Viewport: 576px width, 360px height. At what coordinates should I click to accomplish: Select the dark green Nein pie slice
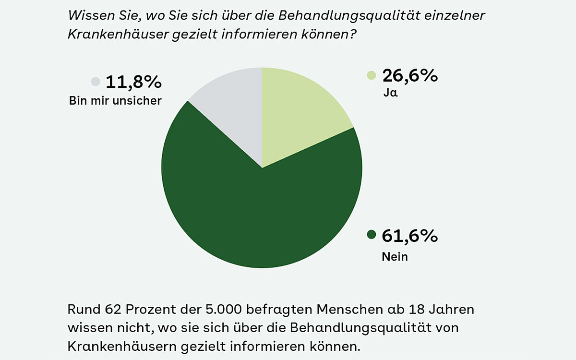tap(262, 216)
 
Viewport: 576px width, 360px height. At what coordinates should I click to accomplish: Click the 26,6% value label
tap(410, 75)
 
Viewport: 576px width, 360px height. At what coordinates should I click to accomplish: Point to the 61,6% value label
tap(410, 236)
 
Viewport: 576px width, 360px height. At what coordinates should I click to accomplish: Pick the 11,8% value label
tap(133, 82)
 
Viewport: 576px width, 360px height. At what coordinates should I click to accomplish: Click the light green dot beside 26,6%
tap(371, 75)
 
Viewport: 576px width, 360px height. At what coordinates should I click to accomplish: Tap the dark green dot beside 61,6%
tap(371, 235)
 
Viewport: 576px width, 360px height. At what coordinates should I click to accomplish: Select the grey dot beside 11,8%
tap(96, 82)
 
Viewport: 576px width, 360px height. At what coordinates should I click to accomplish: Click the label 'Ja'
tap(390, 93)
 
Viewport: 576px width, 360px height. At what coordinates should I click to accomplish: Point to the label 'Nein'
tap(395, 257)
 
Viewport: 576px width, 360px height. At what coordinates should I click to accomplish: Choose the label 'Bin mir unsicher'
tap(115, 101)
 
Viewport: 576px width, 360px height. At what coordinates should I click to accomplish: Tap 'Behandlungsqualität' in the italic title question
tap(353, 15)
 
